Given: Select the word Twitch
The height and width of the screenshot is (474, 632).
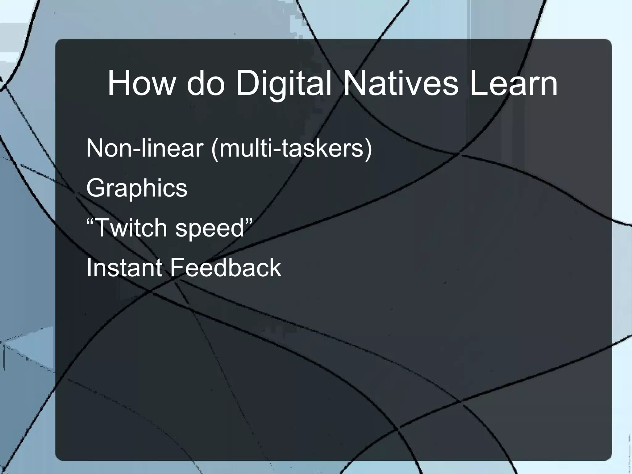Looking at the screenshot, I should (x=131, y=228).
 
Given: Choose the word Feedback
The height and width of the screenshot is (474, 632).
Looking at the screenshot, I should (x=226, y=267).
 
